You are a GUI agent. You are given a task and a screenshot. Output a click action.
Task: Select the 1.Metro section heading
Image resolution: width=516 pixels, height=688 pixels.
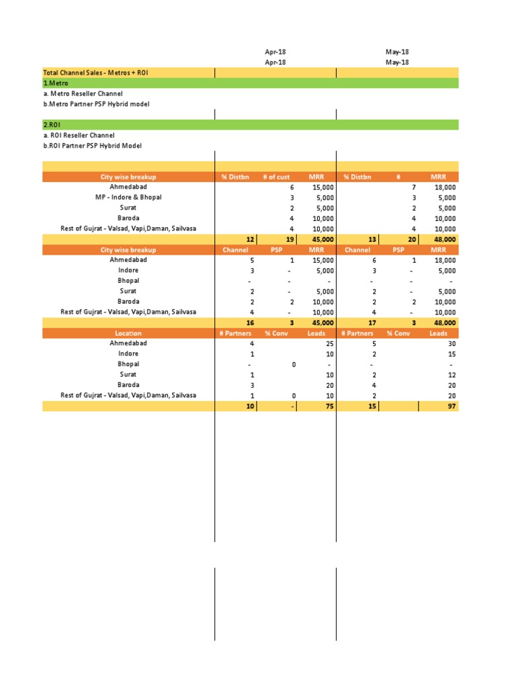(56, 83)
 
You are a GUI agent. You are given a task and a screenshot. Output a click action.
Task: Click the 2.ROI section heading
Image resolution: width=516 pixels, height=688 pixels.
(52, 125)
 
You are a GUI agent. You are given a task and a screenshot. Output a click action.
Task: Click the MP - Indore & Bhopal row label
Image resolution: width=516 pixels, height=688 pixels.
(128, 198)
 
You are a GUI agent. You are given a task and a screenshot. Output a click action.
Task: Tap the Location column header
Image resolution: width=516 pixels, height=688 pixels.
(128, 333)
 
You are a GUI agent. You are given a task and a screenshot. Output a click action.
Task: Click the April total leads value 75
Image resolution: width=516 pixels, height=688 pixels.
(329, 406)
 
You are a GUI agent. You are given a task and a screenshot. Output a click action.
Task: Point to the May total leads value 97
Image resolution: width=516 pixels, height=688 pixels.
(451, 406)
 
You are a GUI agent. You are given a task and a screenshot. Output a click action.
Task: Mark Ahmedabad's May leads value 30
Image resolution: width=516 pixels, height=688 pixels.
(451, 343)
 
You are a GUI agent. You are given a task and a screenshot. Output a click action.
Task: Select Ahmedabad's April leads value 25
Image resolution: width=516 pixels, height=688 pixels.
(329, 343)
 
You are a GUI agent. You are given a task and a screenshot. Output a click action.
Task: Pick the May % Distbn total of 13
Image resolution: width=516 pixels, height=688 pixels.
(373, 239)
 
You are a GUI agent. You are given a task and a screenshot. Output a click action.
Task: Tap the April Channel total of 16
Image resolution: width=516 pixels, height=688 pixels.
(250, 322)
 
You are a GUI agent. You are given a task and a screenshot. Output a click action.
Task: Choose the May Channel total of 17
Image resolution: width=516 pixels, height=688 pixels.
(372, 322)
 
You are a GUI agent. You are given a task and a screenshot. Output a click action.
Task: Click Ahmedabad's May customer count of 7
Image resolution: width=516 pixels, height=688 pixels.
(414, 187)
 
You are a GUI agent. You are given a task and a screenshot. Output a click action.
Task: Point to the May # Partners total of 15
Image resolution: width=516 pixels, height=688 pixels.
(372, 406)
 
